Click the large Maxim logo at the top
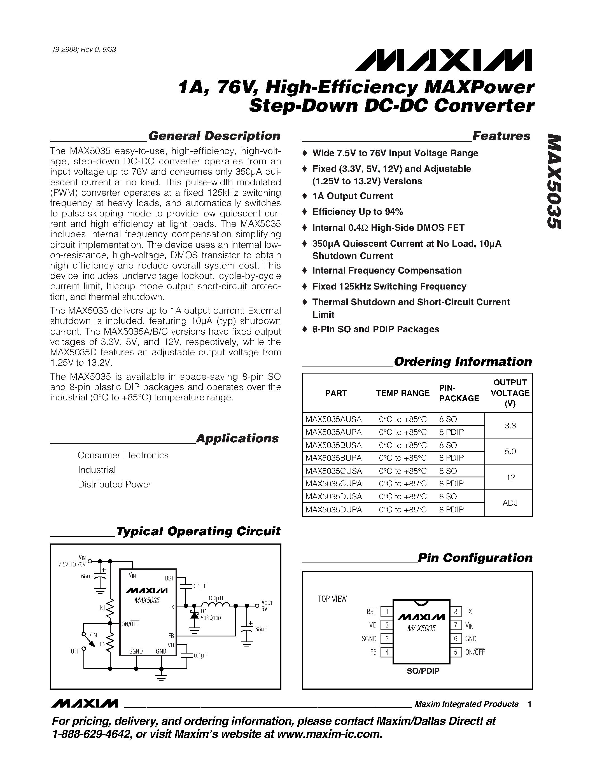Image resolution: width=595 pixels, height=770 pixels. [444, 61]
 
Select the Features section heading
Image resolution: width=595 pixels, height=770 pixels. [501, 136]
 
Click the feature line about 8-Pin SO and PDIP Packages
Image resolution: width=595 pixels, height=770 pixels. [375, 329]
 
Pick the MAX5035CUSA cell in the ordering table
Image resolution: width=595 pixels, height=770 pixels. [333, 471]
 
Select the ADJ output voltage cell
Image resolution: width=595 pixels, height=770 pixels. [510, 503]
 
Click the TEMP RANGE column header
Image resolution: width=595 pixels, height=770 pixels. [403, 393]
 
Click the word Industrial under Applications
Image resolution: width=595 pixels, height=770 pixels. [97, 470]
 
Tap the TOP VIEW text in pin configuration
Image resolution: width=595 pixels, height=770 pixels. [332, 599]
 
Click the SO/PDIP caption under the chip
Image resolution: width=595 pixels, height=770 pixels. [423, 671]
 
